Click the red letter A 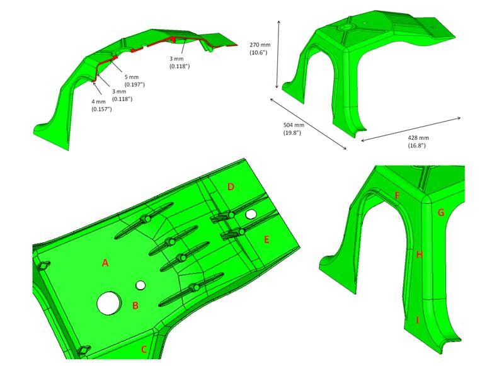[x=105, y=263]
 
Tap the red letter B [x=135, y=306]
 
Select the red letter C [x=144, y=349]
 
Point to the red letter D [x=231, y=186]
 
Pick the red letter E [x=266, y=239]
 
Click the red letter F [x=398, y=195]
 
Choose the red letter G [x=441, y=212]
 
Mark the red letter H [x=419, y=255]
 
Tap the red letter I [x=418, y=320]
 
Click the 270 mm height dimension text [x=260, y=49]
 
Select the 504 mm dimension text [x=293, y=129]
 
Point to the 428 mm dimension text [x=418, y=141]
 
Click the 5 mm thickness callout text [x=134, y=81]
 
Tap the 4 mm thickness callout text [x=101, y=105]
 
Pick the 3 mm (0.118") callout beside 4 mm [x=122, y=95]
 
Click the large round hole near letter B [x=109, y=303]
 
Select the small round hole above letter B [x=140, y=285]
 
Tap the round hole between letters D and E [x=251, y=214]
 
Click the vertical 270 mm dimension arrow [x=278, y=54]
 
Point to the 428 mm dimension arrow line [x=411, y=129]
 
